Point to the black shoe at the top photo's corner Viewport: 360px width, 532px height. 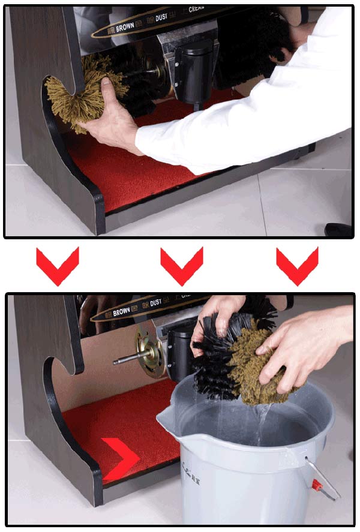338,229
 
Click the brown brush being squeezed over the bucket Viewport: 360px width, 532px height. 258,366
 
